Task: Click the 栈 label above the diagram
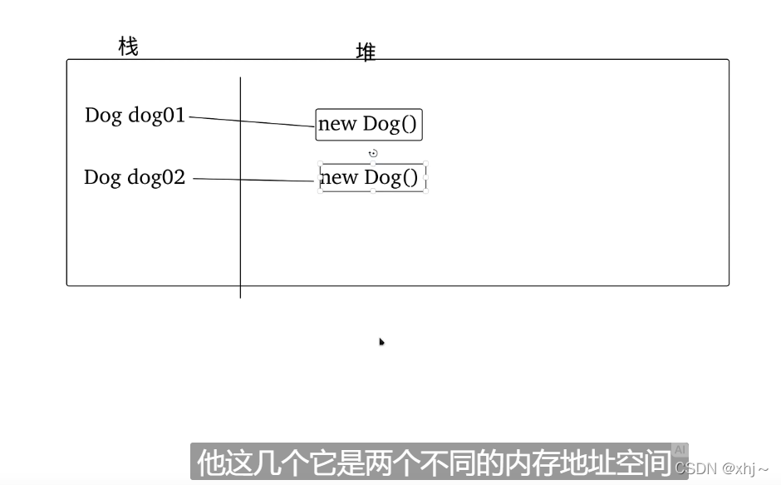click(128, 47)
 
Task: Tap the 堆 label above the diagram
click(366, 52)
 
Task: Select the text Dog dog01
click(135, 115)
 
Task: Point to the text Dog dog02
click(134, 176)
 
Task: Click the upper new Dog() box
click(368, 125)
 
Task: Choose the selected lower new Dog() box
click(372, 177)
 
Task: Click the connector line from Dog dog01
click(252, 121)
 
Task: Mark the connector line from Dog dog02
click(253, 180)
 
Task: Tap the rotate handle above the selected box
click(373, 153)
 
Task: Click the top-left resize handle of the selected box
click(321, 164)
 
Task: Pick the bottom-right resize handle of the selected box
click(426, 191)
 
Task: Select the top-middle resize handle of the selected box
click(373, 164)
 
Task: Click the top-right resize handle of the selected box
click(426, 164)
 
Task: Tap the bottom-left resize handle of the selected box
click(321, 191)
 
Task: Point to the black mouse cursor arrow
click(381, 341)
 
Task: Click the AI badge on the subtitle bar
click(680, 450)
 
